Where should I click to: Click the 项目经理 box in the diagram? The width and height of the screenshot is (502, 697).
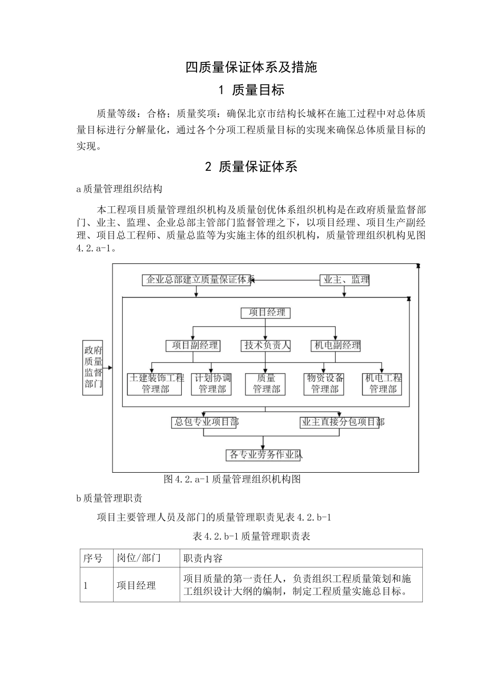(266, 313)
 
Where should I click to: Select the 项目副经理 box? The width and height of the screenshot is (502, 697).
(192, 345)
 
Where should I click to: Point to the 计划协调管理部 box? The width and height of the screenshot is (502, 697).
(212, 384)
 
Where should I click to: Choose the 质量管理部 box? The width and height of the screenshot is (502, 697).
(266, 384)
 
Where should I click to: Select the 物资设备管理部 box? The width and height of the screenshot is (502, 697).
(324, 384)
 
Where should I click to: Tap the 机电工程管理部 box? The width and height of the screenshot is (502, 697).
(383, 384)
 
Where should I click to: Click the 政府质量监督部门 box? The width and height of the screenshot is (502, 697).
(94, 368)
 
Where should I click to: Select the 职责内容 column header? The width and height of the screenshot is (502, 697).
(203, 558)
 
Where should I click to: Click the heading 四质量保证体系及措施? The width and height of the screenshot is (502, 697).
(251, 67)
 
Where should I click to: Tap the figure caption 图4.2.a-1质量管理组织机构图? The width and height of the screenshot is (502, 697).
(233, 479)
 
